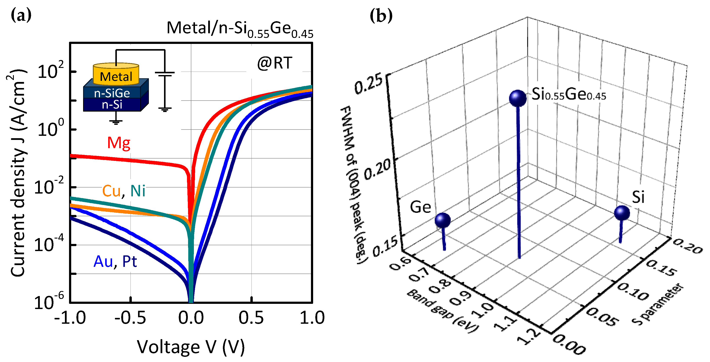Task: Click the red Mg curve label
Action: [119, 143]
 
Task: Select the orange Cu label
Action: [111, 191]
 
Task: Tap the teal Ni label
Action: [138, 191]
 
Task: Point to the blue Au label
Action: [103, 261]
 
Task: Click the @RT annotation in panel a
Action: [275, 63]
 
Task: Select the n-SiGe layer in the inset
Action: [112, 93]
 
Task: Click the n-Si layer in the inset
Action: [112, 105]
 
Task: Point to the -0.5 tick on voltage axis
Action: [130, 318]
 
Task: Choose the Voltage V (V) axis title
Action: [191, 347]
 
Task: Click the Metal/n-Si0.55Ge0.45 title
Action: [240, 29]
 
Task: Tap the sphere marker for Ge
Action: [443, 220]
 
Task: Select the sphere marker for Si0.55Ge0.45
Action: [518, 98]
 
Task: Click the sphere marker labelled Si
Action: [622, 213]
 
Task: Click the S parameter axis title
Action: [658, 304]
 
